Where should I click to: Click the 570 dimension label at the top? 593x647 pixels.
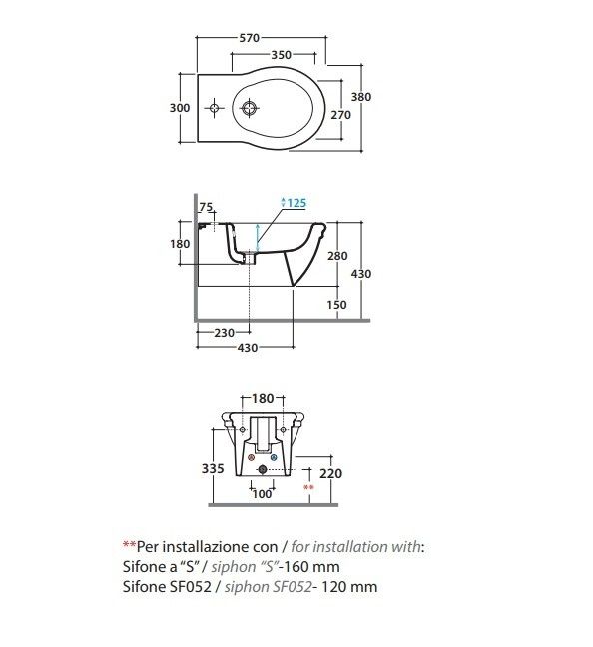click(x=250, y=38)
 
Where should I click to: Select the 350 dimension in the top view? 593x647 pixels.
click(x=281, y=55)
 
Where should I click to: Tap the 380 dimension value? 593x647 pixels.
click(x=361, y=97)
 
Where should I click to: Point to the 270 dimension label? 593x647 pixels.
click(x=340, y=115)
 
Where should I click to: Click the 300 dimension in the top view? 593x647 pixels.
click(x=180, y=108)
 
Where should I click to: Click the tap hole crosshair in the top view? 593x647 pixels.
click(x=214, y=108)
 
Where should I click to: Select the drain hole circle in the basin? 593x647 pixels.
click(x=249, y=108)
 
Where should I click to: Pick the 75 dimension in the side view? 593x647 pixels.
click(x=206, y=207)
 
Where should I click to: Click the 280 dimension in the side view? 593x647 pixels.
click(x=337, y=256)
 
